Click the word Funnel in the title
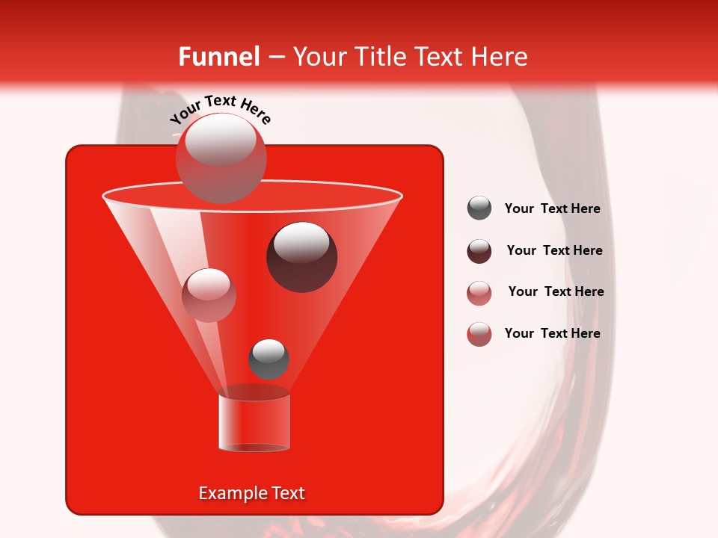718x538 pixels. coord(218,57)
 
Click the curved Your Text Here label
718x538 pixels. coord(221,109)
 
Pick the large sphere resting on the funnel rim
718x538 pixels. coord(221,157)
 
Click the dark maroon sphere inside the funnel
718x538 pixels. coord(302,257)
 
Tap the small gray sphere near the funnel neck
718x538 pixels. coord(269,359)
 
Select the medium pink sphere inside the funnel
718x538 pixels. coord(209,294)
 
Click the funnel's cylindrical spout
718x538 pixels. coord(254,423)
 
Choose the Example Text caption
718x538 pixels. coord(251,493)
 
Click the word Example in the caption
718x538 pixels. coord(232,493)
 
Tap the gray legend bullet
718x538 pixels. coord(479,208)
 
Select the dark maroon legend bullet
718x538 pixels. coord(479,251)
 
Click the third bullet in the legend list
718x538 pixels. coord(479,293)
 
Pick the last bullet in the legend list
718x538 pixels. coord(479,334)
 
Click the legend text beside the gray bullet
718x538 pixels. coord(552,208)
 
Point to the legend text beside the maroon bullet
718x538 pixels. coord(554,250)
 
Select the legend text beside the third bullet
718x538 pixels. coord(556,291)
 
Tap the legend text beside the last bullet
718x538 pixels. coord(552,333)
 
